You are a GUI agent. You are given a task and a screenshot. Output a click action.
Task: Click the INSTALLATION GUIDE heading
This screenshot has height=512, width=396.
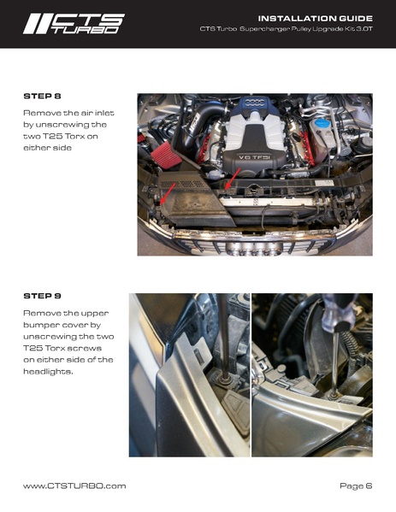click(x=316, y=18)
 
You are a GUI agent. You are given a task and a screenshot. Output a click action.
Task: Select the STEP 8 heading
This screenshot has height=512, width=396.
click(x=42, y=96)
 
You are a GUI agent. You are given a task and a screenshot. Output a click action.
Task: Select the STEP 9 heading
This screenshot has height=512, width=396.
click(x=42, y=296)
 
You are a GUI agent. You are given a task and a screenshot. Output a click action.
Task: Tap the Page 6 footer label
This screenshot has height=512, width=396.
click(x=356, y=486)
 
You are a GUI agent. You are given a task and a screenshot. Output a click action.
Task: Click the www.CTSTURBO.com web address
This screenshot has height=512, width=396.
click(x=74, y=486)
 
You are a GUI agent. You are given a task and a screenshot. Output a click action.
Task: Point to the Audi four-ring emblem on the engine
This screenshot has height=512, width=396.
click(x=255, y=103)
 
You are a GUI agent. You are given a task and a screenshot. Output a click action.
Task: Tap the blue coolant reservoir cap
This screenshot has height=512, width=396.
click(x=322, y=123)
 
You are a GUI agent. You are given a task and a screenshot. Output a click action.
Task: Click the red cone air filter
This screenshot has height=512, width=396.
click(x=166, y=155)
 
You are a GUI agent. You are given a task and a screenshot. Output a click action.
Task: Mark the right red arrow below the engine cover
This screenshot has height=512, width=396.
click(x=233, y=179)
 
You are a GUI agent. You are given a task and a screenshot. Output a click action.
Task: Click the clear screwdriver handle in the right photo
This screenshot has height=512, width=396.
click(x=338, y=313)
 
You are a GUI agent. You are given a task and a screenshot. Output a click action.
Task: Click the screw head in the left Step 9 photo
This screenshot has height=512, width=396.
click(x=224, y=379)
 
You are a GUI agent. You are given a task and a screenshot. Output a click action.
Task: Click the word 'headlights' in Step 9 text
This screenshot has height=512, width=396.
click(x=48, y=371)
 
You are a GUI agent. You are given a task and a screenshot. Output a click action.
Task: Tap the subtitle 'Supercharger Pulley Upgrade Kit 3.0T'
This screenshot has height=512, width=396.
click(x=306, y=29)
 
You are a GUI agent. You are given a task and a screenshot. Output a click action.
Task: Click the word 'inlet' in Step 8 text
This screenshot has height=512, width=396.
click(x=104, y=113)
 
